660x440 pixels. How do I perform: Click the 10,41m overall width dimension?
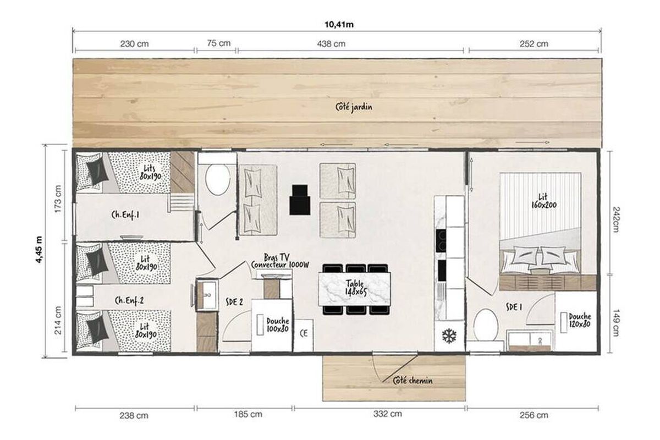tap(339, 24)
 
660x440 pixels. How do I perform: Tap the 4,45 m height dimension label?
tap(39, 250)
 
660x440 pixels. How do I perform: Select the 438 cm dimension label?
tap(331, 44)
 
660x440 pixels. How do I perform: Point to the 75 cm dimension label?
tap(218, 43)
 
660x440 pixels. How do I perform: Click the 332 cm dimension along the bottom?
tap(387, 414)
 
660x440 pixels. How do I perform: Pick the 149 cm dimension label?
tap(615, 323)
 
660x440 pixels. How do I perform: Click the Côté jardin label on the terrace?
tap(354, 107)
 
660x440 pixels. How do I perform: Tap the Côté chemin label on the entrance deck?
tap(413, 381)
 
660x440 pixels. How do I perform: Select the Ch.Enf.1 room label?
tap(125, 215)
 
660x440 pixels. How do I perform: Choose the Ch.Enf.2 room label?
tap(129, 301)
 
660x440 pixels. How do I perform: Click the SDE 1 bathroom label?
tap(514, 307)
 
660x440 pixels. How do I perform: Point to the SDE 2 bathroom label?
tap(234, 302)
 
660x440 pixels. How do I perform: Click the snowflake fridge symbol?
tap(449, 336)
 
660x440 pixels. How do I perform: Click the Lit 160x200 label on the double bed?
tap(543, 201)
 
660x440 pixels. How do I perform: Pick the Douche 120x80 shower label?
tap(580, 320)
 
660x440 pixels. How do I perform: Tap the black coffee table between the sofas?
tap(300, 200)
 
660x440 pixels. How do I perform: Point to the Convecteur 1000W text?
tap(280, 265)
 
